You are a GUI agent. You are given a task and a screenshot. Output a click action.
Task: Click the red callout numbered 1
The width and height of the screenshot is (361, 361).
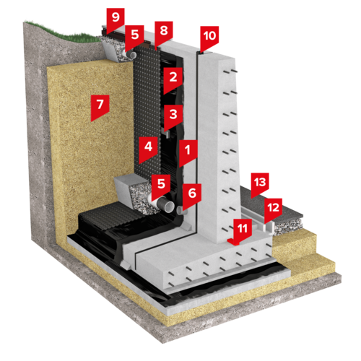coord(188,152)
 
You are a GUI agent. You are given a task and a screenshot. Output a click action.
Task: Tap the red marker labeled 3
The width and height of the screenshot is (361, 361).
coord(173,117)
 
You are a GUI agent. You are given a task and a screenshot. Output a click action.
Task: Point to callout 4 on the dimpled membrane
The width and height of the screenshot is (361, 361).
coord(148,149)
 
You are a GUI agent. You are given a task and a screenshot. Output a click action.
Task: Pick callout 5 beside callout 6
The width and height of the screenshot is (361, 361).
coord(161,186)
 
